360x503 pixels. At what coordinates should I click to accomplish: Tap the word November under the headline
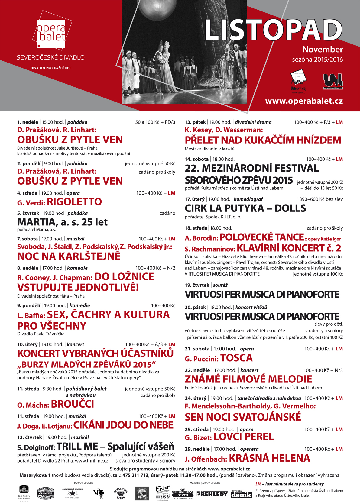pos(323,50)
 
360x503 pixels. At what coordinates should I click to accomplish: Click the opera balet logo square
pos(51,34)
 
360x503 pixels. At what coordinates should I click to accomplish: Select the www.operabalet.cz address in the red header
pos(304,101)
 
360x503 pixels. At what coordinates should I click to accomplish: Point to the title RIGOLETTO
pos(74,202)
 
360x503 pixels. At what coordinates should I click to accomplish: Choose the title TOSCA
pos(236,358)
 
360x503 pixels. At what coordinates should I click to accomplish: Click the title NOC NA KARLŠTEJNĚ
pos(69,256)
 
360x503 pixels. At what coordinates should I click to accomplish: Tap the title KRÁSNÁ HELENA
pos(269,458)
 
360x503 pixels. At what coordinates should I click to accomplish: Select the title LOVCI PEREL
pos(244,437)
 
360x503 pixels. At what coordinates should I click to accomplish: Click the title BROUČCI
pos(73,404)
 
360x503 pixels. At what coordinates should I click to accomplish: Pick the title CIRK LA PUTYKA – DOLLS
pos(245,208)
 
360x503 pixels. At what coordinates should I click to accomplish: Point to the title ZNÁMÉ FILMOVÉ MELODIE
pos(248,379)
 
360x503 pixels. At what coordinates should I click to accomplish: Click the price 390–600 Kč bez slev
pos(321,199)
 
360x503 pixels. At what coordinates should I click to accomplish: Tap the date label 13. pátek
pos(195,122)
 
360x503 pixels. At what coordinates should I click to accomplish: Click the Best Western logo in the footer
pos(24,492)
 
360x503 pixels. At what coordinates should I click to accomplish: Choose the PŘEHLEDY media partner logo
pos(212,494)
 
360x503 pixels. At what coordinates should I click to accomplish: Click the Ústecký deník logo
pos(241,494)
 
